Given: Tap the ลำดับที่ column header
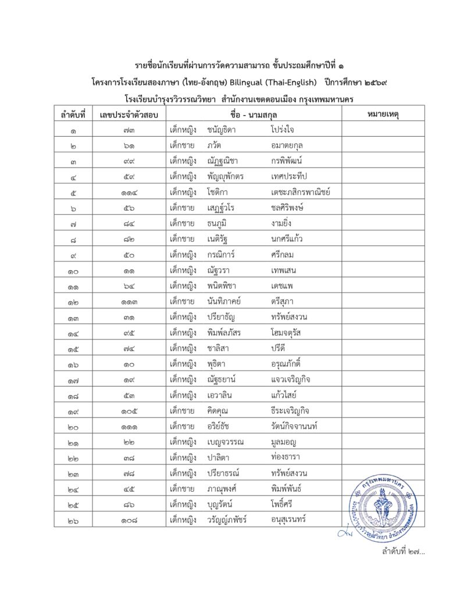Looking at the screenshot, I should coord(73,114).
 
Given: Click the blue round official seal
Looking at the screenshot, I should coord(383,502).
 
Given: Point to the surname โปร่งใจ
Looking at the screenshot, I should coord(282,129).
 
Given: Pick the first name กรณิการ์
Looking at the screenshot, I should coord(222,239).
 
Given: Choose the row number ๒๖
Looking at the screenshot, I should coord(73,520).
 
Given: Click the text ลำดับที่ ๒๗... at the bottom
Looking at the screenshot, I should coord(403,551).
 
